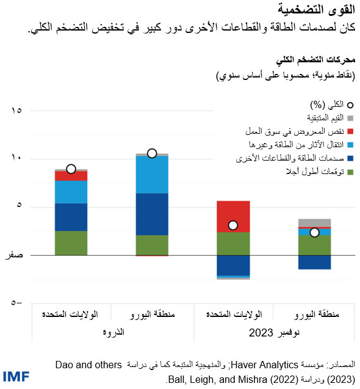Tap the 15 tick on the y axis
[16, 111]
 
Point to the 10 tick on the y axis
[16, 159]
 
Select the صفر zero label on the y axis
[13, 255]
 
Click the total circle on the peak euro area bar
[152, 153]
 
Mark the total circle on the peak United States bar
[71, 169]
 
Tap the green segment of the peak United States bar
[71, 242]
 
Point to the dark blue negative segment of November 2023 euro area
[314, 262]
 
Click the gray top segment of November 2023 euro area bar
[314, 222]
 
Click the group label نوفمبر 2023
[272, 334]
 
